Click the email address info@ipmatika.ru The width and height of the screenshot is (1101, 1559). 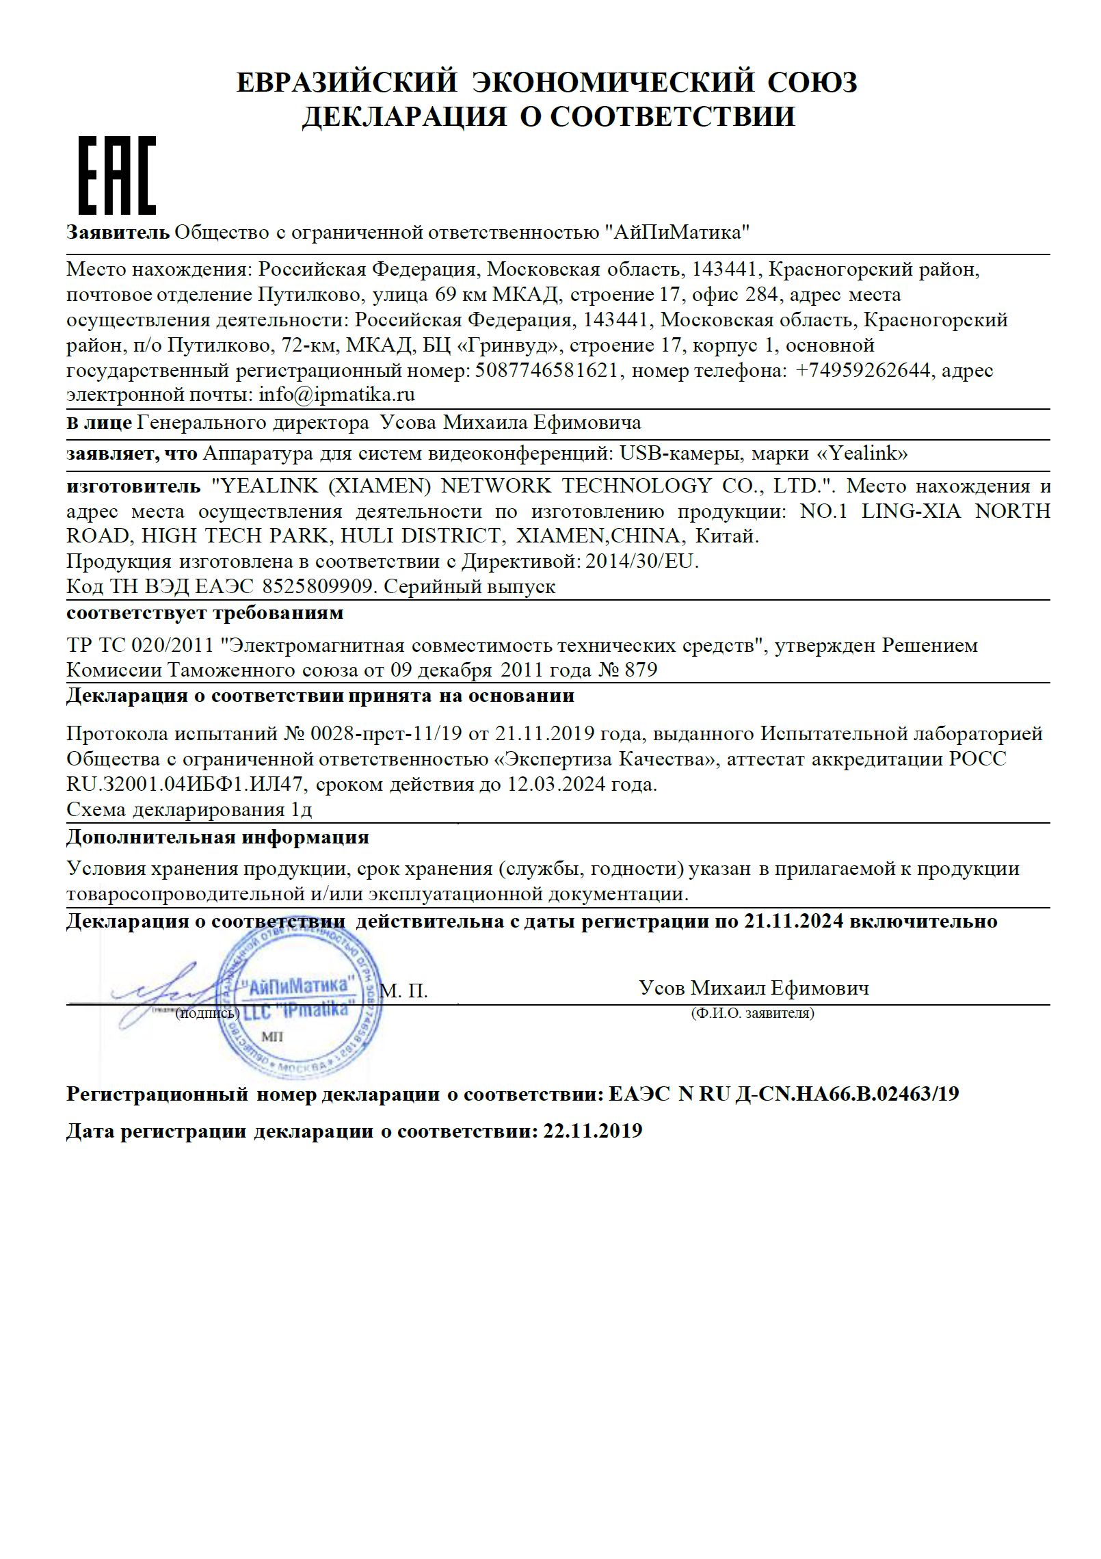tap(336, 395)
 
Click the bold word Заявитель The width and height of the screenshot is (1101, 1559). tap(118, 233)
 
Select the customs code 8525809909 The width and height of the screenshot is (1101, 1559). tap(317, 586)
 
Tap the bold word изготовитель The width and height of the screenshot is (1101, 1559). tap(134, 486)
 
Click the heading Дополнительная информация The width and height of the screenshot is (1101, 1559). tap(217, 837)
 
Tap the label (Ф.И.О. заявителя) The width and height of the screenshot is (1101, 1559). tap(752, 1013)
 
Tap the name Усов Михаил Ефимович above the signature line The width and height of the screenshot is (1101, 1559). tap(754, 988)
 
